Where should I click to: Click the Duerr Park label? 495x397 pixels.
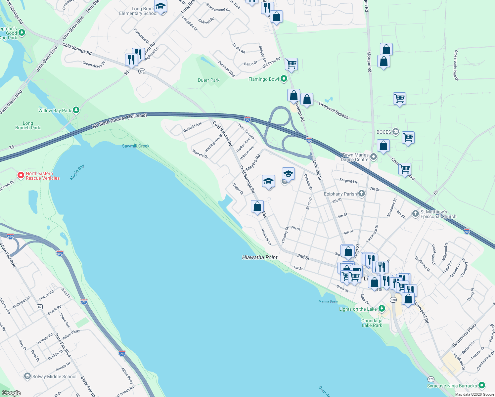[x=208, y=80]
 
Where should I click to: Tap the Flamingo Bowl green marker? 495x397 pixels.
[x=284, y=79]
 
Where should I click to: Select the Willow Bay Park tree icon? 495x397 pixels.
[x=76, y=110]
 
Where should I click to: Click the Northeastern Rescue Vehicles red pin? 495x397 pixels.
[x=21, y=175]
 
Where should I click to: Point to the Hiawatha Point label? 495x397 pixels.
[x=260, y=257]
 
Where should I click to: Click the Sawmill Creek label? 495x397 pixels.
[x=136, y=146]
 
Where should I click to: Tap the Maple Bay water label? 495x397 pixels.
[x=77, y=172]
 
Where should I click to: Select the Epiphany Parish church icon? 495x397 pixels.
[x=362, y=194]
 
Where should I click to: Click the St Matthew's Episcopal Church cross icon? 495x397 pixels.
[x=416, y=214]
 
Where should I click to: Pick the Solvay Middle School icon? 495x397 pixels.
[x=27, y=376]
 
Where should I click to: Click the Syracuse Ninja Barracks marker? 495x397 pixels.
[x=482, y=385]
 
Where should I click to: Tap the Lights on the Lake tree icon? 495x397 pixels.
[x=382, y=309]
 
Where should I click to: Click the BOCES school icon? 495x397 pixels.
[x=396, y=132]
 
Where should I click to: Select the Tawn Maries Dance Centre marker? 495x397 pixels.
[x=374, y=157]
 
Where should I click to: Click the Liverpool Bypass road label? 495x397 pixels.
[x=333, y=110]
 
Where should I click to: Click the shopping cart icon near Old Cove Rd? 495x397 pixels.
[x=291, y=64]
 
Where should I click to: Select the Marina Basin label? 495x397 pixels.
[x=328, y=301]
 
